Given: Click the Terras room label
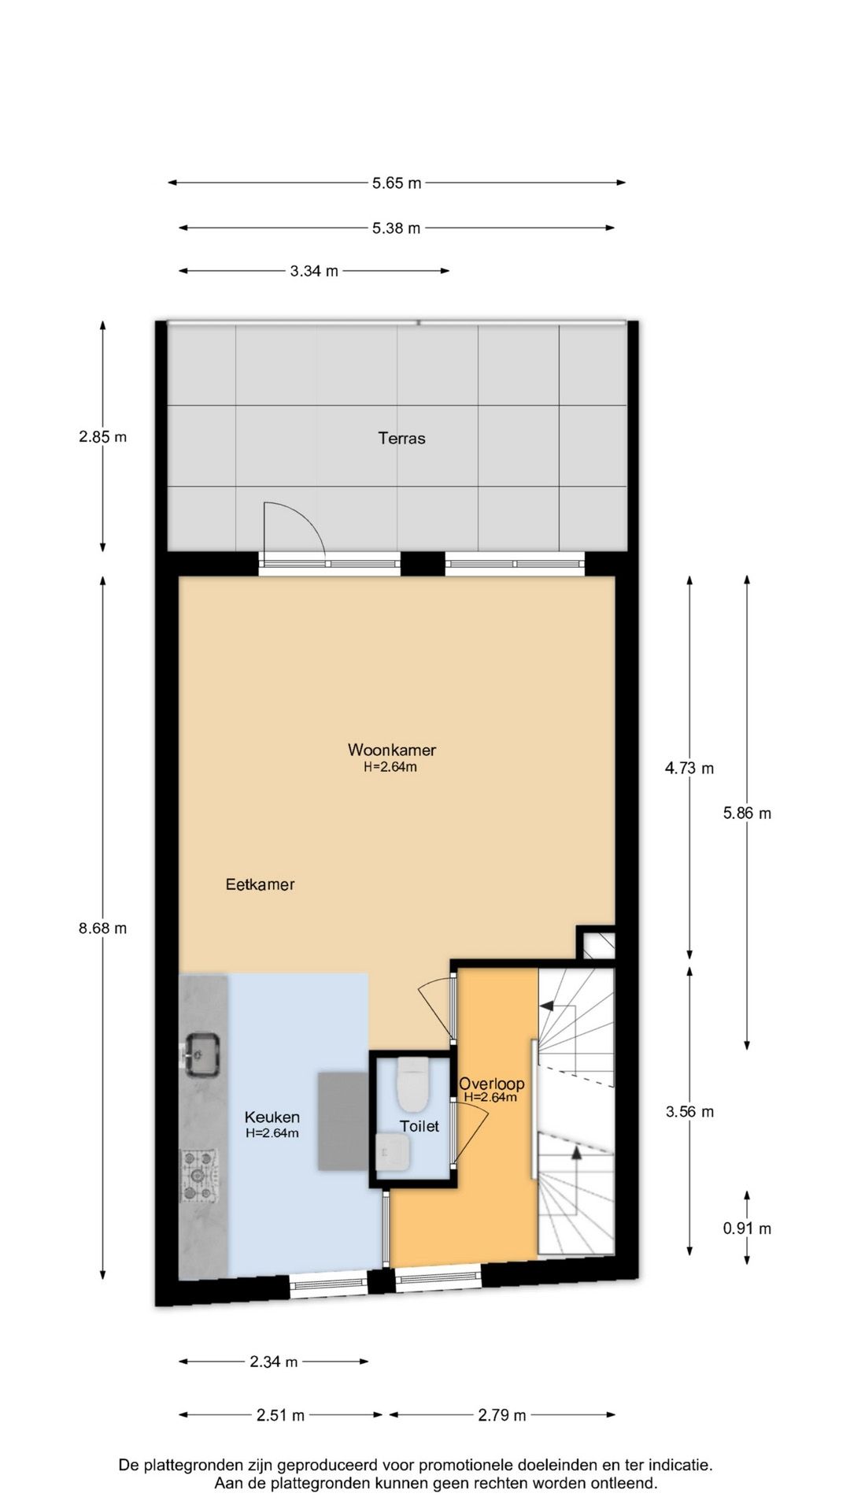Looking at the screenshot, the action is (x=401, y=439).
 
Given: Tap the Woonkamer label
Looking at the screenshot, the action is (x=392, y=750).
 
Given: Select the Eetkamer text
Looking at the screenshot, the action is (x=260, y=884).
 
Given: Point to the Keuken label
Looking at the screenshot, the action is (x=272, y=1117).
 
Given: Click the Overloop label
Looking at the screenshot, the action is (x=492, y=1084).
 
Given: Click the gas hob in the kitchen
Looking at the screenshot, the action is (x=199, y=1176).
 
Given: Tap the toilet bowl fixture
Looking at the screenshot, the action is (x=412, y=1083).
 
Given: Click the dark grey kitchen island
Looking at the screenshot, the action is (x=343, y=1121).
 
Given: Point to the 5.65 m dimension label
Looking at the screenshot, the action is (x=397, y=183).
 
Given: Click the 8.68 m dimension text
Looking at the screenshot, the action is (x=102, y=928).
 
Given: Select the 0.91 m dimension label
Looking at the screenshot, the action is (x=747, y=1228).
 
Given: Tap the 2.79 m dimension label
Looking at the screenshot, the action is (x=502, y=1415).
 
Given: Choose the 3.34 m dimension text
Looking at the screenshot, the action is (x=314, y=272).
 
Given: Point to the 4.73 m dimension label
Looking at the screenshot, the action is (x=689, y=768).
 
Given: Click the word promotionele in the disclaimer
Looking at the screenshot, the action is (x=466, y=1466).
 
